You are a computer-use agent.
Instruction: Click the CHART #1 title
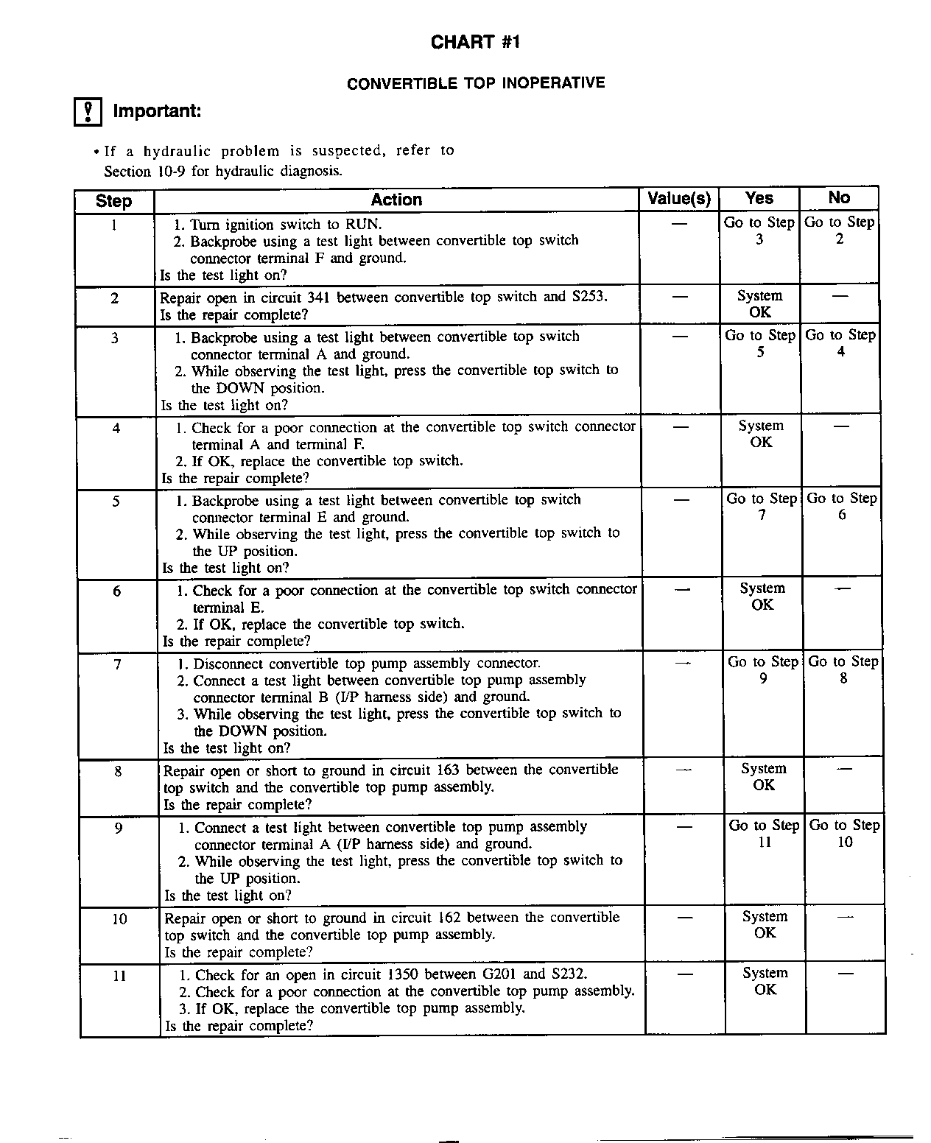pos(475,42)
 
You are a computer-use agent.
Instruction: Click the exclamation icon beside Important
pos(88,112)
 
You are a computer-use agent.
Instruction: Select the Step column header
pos(113,201)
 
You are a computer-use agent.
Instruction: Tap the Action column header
pos(396,200)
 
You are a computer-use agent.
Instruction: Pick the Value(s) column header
pos(678,199)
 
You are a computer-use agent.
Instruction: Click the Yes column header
pos(759,198)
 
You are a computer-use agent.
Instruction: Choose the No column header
pos(839,197)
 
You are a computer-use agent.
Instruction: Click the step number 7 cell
pos(117,664)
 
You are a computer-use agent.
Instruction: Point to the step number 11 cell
pos(120,976)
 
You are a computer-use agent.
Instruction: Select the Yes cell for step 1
pos(759,231)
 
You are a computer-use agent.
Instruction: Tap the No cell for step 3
pos(840,343)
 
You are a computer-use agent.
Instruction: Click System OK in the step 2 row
pos(759,303)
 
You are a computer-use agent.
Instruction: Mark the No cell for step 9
pos(845,833)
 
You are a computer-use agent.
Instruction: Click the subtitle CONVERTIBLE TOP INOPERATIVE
pos(476,83)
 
